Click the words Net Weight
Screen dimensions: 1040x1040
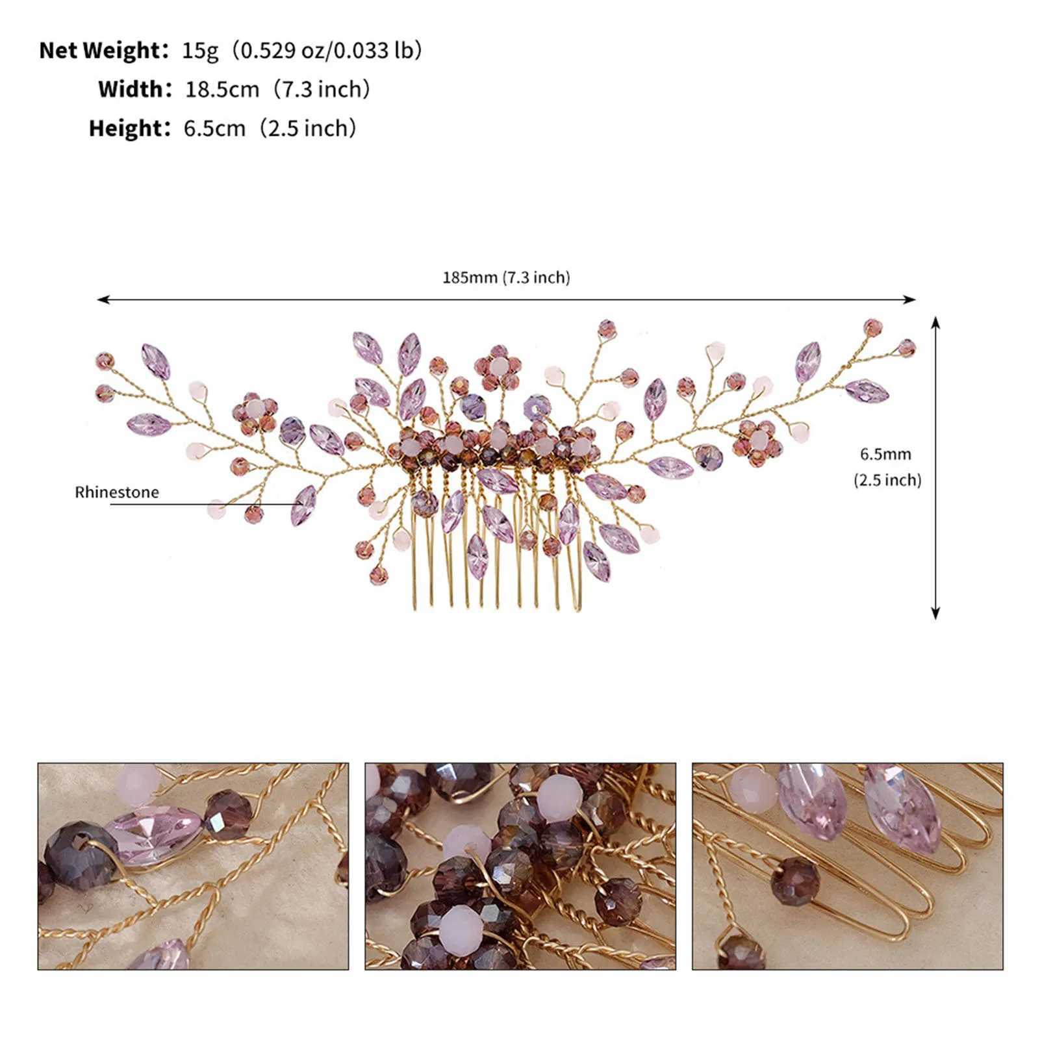[x=101, y=50]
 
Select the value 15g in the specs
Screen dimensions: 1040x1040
[x=200, y=50]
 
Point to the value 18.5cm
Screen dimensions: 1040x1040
[x=222, y=89]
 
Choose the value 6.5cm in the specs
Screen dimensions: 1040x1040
[x=214, y=128]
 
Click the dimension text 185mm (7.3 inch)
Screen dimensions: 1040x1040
[x=506, y=278]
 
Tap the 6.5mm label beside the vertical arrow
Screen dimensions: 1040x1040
[x=885, y=454]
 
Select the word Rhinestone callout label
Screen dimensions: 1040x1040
[x=116, y=492]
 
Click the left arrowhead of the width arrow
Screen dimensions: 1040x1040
[x=101, y=299]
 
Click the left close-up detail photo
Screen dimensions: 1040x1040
[x=193, y=867]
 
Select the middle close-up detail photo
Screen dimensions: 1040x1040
[x=520, y=867]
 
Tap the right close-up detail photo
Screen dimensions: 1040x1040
[x=847, y=867]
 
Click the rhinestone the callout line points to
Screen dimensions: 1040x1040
[x=304, y=505]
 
